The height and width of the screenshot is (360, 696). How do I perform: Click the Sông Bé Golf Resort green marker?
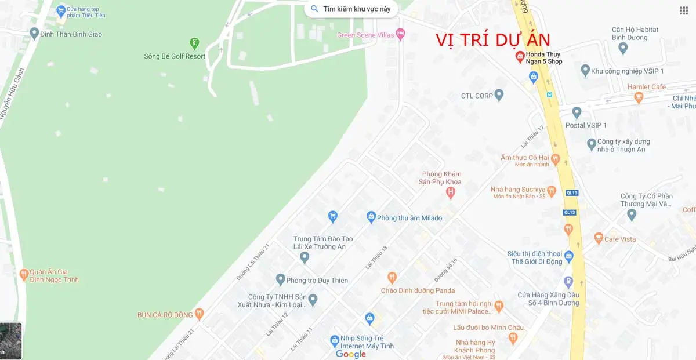point(195,43)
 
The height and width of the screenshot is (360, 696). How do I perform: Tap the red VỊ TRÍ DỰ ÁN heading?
point(493,40)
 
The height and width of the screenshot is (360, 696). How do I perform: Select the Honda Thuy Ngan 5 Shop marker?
point(520,57)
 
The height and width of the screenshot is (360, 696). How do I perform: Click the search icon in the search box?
point(315,9)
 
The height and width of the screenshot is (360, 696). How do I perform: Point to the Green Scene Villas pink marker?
point(400,34)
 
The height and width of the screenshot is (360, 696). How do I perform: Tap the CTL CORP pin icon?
point(499,95)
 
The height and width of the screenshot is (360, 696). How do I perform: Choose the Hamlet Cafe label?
point(646,87)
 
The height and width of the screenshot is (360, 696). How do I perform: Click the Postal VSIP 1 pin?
point(576,112)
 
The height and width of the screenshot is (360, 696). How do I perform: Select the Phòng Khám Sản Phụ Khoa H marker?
point(450,192)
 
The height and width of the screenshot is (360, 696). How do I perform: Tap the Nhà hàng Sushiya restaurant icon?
point(552,190)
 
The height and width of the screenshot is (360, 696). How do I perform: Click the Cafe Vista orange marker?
point(599,238)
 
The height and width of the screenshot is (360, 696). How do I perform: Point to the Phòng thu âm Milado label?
point(409,218)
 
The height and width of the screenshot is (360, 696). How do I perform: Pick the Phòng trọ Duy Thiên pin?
point(280,279)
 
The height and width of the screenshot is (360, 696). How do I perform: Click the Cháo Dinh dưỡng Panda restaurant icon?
point(392,278)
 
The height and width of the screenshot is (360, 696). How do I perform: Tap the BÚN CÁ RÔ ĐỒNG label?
point(165,315)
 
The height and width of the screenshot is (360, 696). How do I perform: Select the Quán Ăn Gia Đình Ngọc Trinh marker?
point(24,273)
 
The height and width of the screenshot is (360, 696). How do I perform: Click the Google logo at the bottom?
point(351,354)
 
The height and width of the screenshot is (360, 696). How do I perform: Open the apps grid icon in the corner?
point(684,10)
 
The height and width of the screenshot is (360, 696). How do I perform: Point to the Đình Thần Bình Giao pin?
point(34,33)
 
